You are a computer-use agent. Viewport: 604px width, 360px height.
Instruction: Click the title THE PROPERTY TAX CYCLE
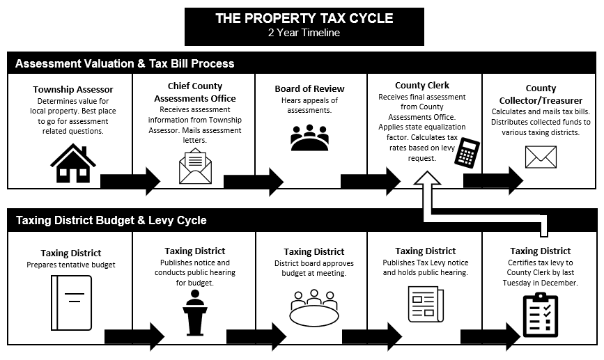click(x=304, y=18)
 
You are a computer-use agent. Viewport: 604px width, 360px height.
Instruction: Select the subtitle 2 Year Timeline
click(x=304, y=33)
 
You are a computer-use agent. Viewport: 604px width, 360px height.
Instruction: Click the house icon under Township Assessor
click(x=73, y=163)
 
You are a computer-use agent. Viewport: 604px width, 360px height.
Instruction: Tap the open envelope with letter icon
click(x=195, y=168)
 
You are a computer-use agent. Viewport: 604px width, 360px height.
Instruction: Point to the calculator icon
click(x=467, y=153)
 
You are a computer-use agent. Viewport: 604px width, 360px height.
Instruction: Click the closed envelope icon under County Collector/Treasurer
click(x=541, y=157)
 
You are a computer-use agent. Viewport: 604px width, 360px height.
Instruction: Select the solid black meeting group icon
click(x=309, y=137)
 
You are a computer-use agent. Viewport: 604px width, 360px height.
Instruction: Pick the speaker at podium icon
click(x=195, y=312)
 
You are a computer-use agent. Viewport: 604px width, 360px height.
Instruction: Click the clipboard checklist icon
click(x=541, y=315)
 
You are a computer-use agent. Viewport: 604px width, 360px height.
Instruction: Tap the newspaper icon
click(x=426, y=304)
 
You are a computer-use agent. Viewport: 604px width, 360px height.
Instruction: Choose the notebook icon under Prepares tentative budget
click(x=72, y=303)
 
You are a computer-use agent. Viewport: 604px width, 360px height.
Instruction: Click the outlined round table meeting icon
click(x=314, y=308)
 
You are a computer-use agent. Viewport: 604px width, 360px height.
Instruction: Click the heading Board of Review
click(x=309, y=88)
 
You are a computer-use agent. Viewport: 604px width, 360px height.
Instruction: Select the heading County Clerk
click(x=422, y=85)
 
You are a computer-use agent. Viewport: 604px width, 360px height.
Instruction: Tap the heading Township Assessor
click(x=73, y=89)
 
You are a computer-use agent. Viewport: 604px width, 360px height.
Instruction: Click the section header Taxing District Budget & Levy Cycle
click(x=111, y=220)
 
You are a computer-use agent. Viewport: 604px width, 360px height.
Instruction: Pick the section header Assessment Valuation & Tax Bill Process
click(x=125, y=63)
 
